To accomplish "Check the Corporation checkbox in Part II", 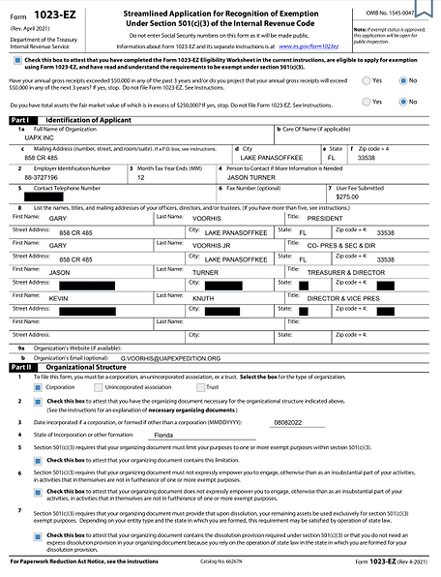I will pyautogui.click(x=25, y=384).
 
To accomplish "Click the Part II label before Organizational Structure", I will pyautogui.click(x=20, y=368).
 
